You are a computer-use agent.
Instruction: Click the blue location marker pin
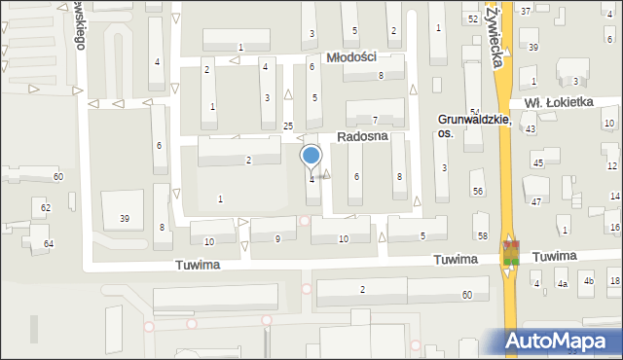tap(311, 156)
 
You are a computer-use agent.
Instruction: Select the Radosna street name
tap(362, 136)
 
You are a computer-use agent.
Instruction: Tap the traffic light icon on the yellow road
tap(511, 253)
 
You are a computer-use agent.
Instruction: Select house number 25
tap(288, 126)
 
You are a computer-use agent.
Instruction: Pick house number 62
tap(46, 208)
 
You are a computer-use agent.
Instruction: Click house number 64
tap(50, 242)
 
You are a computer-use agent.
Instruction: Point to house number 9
tap(278, 238)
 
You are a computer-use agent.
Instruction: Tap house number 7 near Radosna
tap(375, 119)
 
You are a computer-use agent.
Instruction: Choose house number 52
tap(473, 19)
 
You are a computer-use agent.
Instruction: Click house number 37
tap(526, 11)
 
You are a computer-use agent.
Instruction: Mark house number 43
tap(531, 129)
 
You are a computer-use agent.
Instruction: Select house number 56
tap(478, 192)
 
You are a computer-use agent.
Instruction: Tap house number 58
tap(483, 236)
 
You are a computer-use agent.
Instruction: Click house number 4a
tap(562, 283)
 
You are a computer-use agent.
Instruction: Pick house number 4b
tap(588, 282)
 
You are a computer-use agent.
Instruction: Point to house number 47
tap(536, 201)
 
